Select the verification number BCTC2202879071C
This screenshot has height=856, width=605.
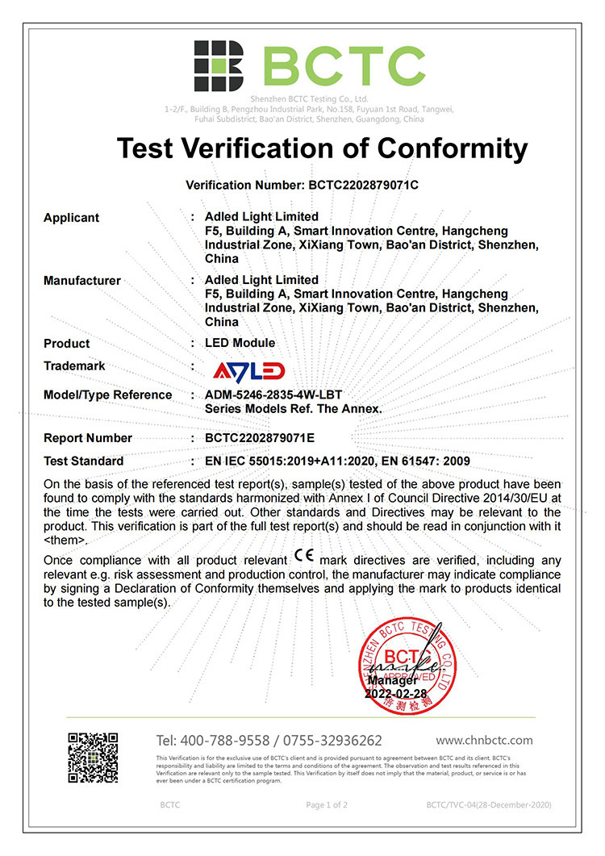363,185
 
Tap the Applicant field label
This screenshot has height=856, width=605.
71,217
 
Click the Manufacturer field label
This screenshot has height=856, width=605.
81,281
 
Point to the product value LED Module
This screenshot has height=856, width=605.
240,343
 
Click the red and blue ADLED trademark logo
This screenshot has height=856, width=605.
248,370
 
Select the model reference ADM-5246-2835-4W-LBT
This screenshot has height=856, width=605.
274,395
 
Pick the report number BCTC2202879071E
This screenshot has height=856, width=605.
271,438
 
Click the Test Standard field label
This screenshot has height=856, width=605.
83,461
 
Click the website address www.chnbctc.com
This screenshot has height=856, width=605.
484,740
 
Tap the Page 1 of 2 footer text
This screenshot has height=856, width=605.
327,805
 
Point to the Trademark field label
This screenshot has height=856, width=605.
74,366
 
